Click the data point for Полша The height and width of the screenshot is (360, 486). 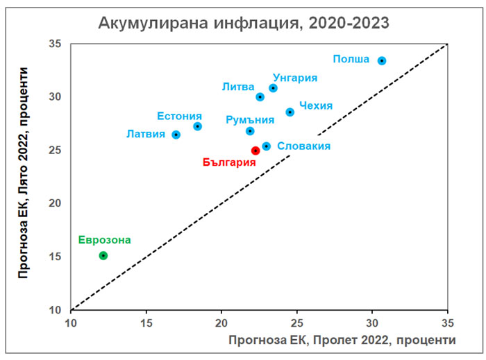381,61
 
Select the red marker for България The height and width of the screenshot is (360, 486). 255,151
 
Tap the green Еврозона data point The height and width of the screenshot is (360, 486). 103,256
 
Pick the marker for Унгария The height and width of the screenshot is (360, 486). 273,88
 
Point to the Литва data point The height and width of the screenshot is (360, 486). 260,97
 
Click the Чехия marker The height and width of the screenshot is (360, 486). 290,112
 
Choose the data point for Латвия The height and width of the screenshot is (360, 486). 176,135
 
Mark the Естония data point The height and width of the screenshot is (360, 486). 197,126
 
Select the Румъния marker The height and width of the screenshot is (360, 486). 250,131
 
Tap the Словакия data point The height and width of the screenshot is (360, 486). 266,146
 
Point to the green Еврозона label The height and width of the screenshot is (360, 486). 104,240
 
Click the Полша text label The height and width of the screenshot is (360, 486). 351,59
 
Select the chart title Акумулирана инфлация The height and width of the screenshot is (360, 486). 244,23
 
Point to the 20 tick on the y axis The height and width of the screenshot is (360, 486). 56,203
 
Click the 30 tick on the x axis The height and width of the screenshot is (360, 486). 372,323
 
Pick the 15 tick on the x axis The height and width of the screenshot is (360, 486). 146,323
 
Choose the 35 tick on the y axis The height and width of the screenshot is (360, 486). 56,44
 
